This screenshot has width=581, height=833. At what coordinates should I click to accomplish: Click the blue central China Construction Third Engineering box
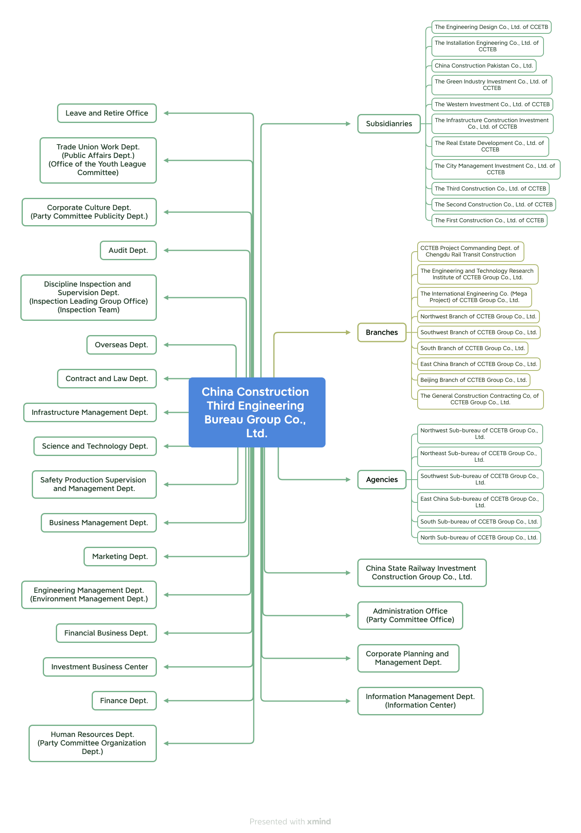pyautogui.click(x=257, y=412)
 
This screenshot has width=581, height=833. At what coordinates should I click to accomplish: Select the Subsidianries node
pyautogui.click(x=389, y=124)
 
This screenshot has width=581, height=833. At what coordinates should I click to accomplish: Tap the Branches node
pyautogui.click(x=382, y=332)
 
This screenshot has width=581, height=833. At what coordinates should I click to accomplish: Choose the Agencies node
pyautogui.click(x=382, y=480)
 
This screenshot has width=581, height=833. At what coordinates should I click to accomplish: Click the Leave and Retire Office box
pyautogui.click(x=107, y=113)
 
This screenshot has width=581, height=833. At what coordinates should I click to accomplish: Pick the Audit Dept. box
pyautogui.click(x=128, y=250)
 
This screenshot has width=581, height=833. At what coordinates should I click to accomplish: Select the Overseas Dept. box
pyautogui.click(x=121, y=345)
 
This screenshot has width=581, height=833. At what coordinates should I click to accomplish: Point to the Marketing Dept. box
pyautogui.click(x=120, y=557)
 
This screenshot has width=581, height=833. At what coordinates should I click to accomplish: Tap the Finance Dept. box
pyautogui.click(x=124, y=701)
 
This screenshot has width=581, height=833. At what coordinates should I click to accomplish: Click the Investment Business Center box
pyautogui.click(x=99, y=667)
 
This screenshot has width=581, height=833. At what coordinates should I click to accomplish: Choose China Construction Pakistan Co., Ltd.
pyautogui.click(x=484, y=66)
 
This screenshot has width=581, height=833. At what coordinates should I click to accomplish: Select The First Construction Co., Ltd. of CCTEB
pyautogui.click(x=489, y=220)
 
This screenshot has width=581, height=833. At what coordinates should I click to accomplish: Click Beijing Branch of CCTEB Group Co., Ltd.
pyautogui.click(x=473, y=380)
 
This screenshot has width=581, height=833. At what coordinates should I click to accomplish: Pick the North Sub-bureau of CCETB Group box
pyautogui.click(x=479, y=537)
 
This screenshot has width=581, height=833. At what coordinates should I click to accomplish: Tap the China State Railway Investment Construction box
pyautogui.click(x=421, y=573)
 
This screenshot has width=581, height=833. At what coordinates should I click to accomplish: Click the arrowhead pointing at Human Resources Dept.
pyautogui.click(x=167, y=743)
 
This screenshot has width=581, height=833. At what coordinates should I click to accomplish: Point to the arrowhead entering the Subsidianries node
pyautogui.click(x=348, y=124)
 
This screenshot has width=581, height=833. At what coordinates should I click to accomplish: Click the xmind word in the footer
pyautogui.click(x=319, y=822)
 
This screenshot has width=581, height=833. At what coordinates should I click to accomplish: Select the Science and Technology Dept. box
pyautogui.click(x=95, y=446)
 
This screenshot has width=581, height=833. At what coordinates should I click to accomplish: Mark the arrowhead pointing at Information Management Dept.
pyautogui.click(x=348, y=701)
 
